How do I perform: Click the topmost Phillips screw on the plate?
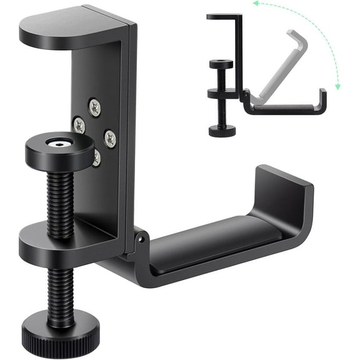click(x=94, y=107)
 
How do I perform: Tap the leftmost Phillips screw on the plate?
click(x=79, y=125)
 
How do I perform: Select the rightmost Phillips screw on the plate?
click(x=110, y=138)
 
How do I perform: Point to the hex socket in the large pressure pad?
click(x=59, y=144)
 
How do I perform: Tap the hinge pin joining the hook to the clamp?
click(x=141, y=238)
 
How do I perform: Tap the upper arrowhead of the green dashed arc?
click(x=255, y=4)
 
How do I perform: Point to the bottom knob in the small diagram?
click(x=222, y=130)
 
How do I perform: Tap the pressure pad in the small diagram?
click(x=221, y=64)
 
